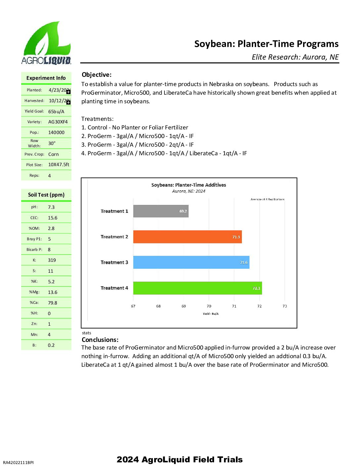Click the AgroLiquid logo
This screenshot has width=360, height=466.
(x=46, y=43)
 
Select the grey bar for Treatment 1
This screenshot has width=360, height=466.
(x=161, y=211)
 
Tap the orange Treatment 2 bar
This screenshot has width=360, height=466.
(x=187, y=237)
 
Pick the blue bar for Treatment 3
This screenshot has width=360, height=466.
(x=191, y=262)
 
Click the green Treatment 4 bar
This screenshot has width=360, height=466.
(x=198, y=288)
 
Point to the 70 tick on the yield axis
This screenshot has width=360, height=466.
(x=209, y=306)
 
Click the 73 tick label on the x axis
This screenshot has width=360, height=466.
(x=285, y=306)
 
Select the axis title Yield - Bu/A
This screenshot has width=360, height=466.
(x=210, y=314)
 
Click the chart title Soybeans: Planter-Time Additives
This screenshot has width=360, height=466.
(x=189, y=185)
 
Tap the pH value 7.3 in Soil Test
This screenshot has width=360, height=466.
(x=51, y=207)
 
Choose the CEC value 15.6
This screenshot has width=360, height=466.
(x=53, y=218)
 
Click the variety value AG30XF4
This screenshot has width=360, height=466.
(x=58, y=122)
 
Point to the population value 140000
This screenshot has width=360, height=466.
(x=56, y=132)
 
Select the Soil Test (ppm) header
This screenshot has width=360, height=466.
(x=46, y=195)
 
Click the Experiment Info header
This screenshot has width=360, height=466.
(x=46, y=78)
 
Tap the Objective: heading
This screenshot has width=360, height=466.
(x=97, y=75)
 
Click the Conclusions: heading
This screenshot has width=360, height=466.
(x=100, y=340)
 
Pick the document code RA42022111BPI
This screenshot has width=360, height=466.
(x=18, y=462)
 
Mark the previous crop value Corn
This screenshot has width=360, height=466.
(x=53, y=154)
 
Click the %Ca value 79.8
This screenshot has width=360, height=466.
(x=52, y=303)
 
